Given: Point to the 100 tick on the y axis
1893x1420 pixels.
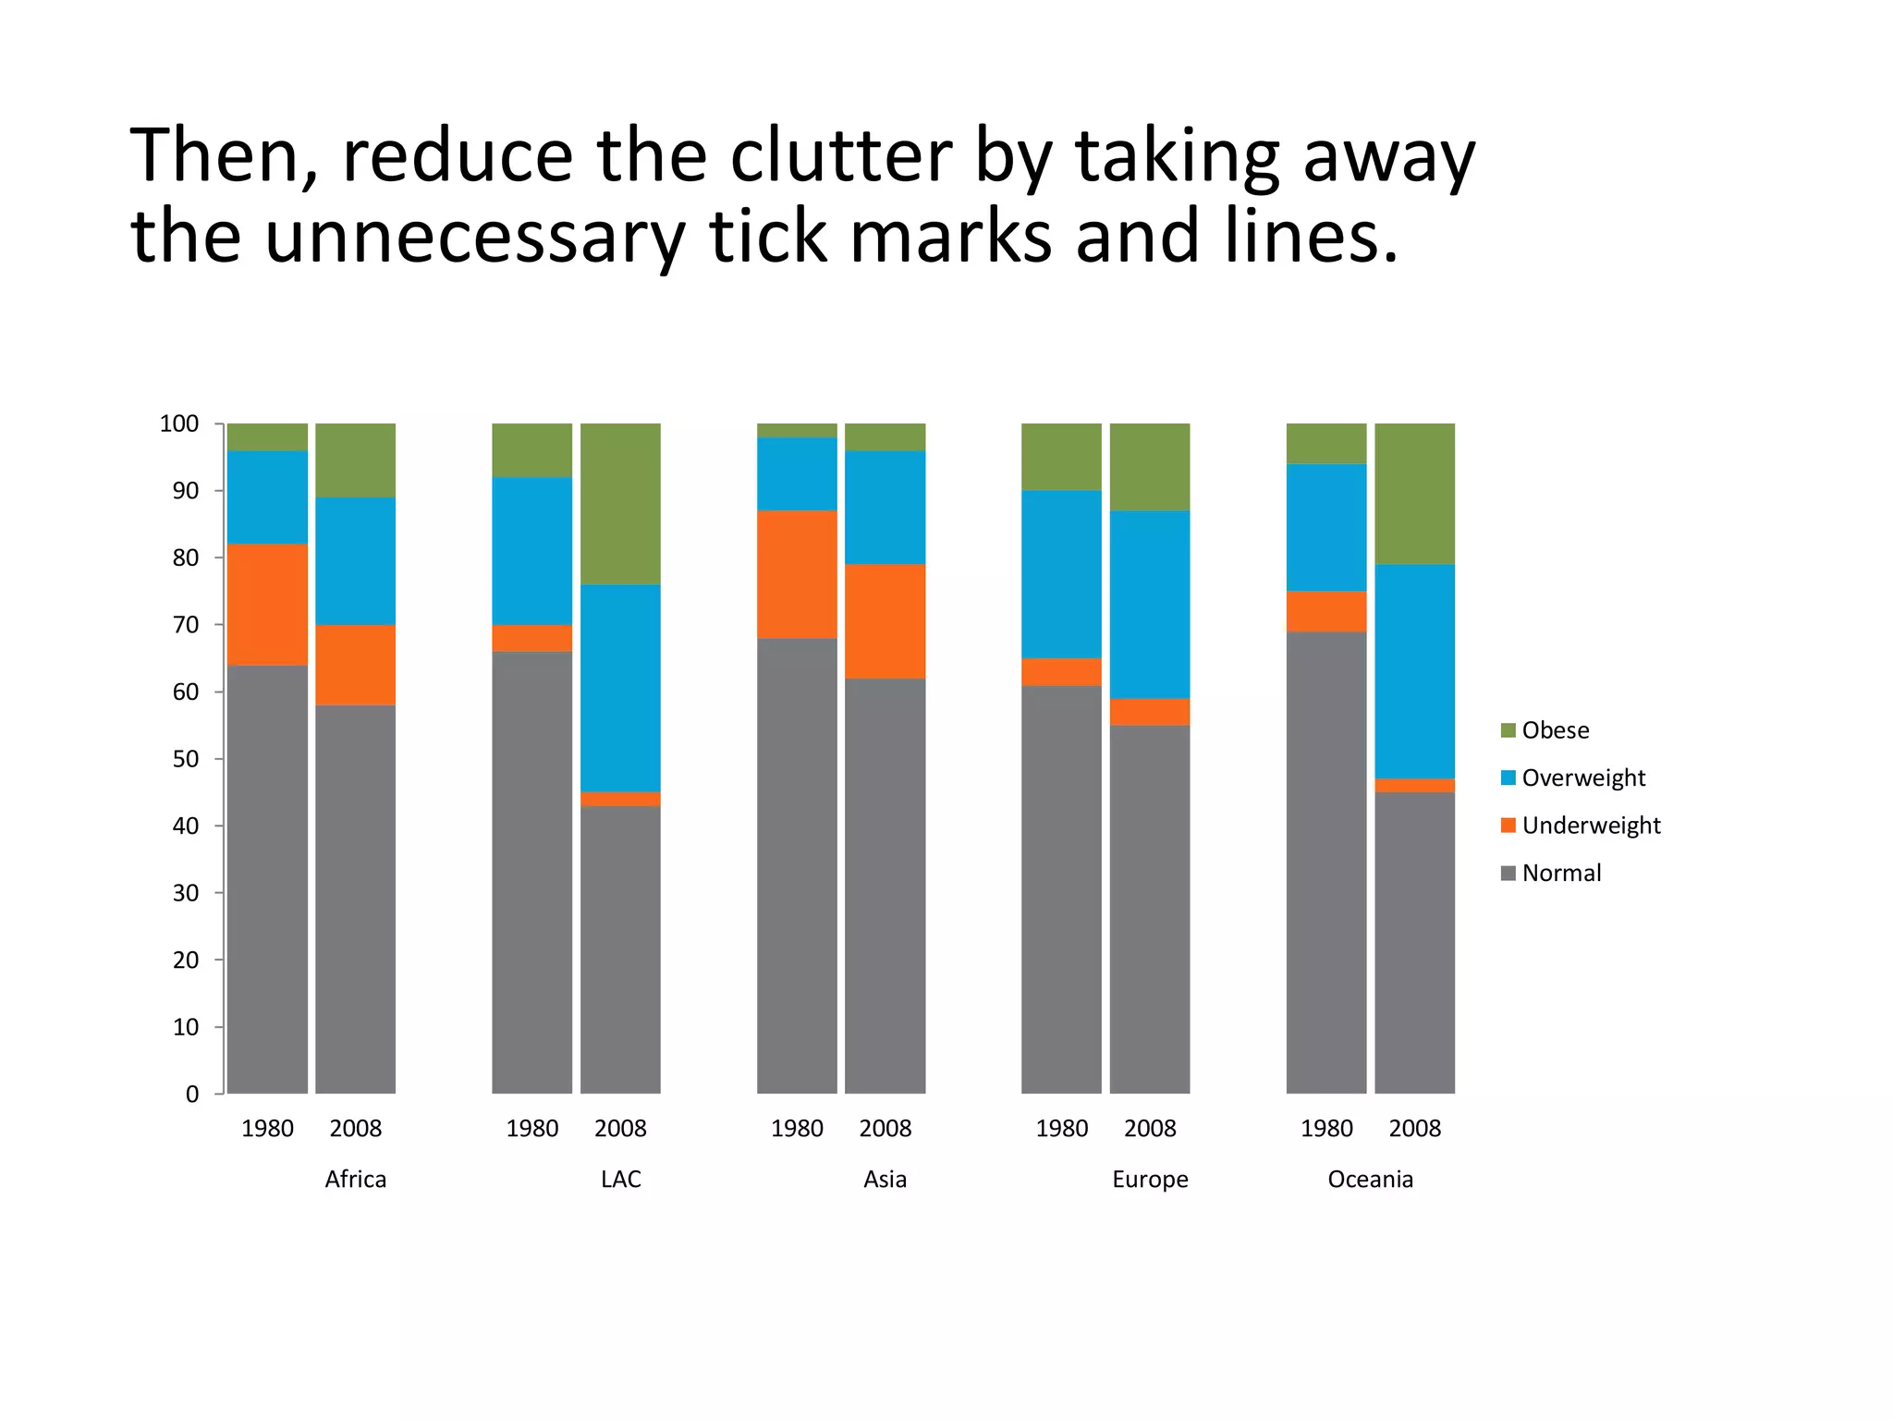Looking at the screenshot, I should pyautogui.click(x=179, y=423).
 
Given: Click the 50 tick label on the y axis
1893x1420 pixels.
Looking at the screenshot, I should pyautogui.click(x=185, y=759).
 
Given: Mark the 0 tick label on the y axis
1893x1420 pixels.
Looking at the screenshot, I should pyautogui.click(x=192, y=1095).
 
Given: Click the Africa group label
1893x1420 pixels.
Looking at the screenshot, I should pyautogui.click(x=356, y=1180).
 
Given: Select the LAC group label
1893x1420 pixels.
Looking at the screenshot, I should pyautogui.click(x=620, y=1180).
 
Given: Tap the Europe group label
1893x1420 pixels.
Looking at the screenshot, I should pyautogui.click(x=1150, y=1180).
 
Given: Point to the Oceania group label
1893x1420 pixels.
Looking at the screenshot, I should pyautogui.click(x=1370, y=1180).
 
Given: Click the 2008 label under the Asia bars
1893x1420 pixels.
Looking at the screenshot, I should pyautogui.click(x=885, y=1129).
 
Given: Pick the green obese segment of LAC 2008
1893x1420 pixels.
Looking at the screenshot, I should pyautogui.click(x=620, y=504).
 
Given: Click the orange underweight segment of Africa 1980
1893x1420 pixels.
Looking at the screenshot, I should pyautogui.click(x=267, y=605).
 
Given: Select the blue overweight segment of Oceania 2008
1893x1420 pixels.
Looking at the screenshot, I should pyautogui.click(x=1414, y=671).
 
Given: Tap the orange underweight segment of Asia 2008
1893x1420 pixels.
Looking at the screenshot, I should pyautogui.click(x=885, y=621).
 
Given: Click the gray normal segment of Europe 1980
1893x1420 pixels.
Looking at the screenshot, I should pyautogui.click(x=1061, y=889).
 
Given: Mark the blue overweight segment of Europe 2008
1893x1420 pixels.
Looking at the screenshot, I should pyautogui.click(x=1150, y=605).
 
